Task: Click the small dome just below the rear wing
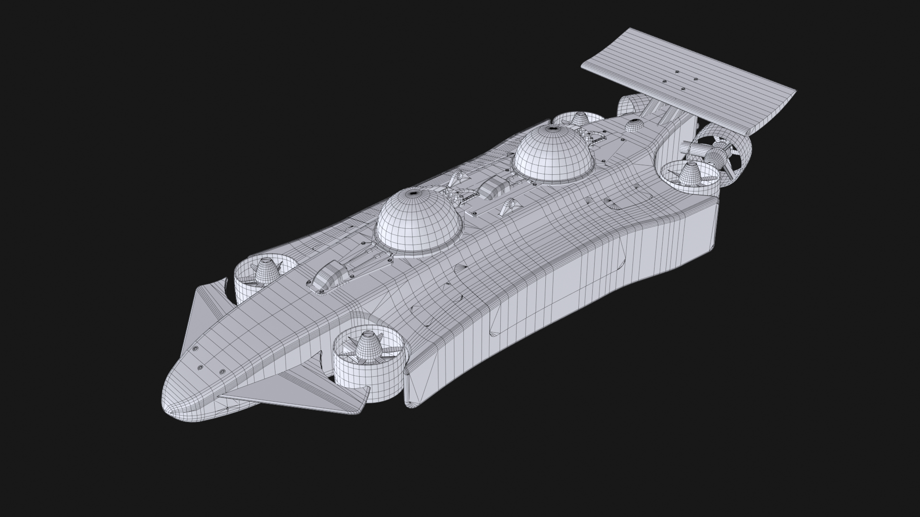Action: pos(634,125)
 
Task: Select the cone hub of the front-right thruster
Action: pos(368,347)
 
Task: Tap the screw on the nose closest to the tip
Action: pos(199,367)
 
